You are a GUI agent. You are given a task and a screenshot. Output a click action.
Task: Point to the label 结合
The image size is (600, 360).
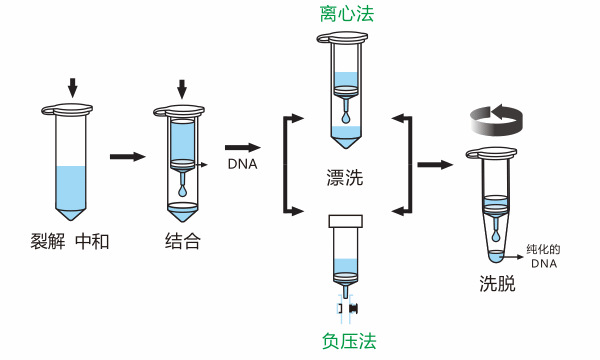pyautogui.click(x=182, y=241)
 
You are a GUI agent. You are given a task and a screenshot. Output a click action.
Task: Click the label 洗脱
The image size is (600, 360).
pyautogui.click(x=496, y=283)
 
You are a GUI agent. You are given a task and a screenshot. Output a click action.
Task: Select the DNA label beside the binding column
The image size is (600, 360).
pyautogui.click(x=241, y=164)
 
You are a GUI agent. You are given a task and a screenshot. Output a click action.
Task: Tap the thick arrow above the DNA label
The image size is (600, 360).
pyautogui.click(x=242, y=146)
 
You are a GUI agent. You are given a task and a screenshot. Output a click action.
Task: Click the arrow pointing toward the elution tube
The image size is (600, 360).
pyautogui.click(x=433, y=164)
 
